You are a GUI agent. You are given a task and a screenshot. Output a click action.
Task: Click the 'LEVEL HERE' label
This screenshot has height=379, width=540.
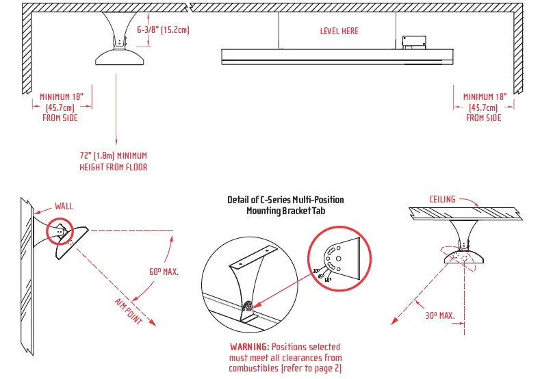point(339,31)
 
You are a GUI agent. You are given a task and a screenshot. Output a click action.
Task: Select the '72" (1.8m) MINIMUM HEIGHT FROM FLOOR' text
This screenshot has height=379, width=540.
point(113,161)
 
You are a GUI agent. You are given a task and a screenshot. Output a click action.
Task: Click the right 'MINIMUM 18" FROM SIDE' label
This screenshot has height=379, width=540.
point(484,107)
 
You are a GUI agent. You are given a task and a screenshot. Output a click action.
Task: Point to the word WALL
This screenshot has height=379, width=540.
point(64,205)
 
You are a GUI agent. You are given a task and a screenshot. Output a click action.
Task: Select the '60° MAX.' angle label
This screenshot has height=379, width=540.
point(164,272)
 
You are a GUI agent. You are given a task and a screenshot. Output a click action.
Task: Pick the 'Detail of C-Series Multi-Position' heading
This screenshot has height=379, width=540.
point(285,200)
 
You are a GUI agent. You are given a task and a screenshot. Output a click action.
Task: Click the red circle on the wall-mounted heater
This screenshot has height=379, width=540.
point(58,232)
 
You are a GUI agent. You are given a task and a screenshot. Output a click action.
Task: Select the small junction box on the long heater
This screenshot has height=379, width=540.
point(413,42)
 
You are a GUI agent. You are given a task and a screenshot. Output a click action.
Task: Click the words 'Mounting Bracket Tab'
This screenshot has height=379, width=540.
point(285,211)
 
